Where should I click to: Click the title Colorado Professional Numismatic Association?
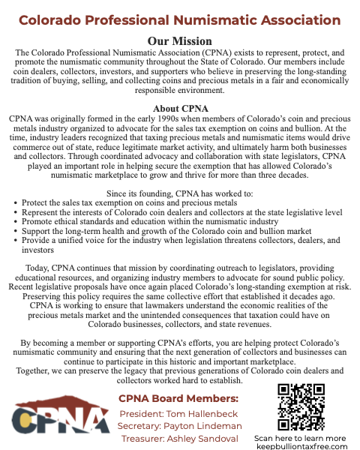tap(179, 19)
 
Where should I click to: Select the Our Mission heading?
tap(179, 40)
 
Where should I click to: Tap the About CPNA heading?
tap(179, 109)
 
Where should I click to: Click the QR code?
tap(301, 406)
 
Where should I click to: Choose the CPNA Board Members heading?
tap(178, 398)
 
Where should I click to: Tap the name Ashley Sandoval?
tap(206, 438)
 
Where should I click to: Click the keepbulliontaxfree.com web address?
tap(301, 445)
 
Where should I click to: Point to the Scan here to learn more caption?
tap(301, 437)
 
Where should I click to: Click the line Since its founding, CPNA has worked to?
tap(179, 193)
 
